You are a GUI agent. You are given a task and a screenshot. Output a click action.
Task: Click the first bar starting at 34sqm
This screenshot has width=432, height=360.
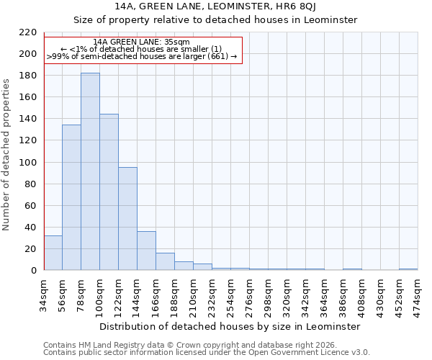pyautogui.click(x=53, y=253)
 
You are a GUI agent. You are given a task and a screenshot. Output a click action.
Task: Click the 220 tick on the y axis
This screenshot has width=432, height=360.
pyautogui.click(x=27, y=32)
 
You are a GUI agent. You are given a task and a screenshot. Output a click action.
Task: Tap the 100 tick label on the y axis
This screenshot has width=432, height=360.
pyautogui.click(x=27, y=162)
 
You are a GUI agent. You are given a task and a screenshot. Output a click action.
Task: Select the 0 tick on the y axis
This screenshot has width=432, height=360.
pyautogui.click(x=33, y=271)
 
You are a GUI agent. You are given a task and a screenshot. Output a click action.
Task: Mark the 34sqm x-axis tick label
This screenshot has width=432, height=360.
pyautogui.click(x=44, y=294)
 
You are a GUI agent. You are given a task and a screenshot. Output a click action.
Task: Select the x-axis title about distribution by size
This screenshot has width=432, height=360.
pyautogui.click(x=230, y=326)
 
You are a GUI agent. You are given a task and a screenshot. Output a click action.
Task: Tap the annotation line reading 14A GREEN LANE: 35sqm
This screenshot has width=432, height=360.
pyautogui.click(x=142, y=42)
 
